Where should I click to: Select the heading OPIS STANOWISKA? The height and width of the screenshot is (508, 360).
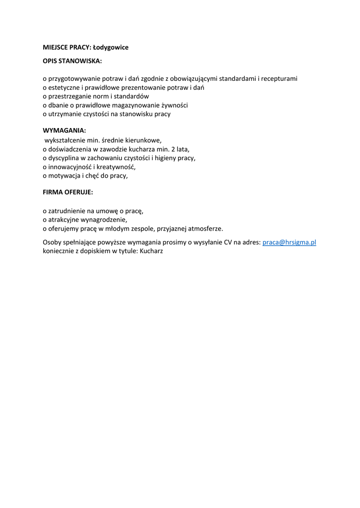coord(72,61)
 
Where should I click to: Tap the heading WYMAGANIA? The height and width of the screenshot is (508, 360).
coord(65,130)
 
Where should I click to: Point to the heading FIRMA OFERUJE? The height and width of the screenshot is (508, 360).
coord(68,191)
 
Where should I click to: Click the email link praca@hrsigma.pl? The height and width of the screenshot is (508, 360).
coord(289,243)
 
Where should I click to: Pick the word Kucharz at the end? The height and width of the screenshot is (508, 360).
coord(151,251)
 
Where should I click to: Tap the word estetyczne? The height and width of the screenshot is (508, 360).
coord(64,87)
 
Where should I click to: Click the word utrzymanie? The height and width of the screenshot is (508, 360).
coord(65,114)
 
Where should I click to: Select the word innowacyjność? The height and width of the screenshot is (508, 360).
coord(70,167)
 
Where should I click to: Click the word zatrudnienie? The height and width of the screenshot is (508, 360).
coord(68,211)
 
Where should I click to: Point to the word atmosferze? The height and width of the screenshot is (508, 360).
coord(204,229)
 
